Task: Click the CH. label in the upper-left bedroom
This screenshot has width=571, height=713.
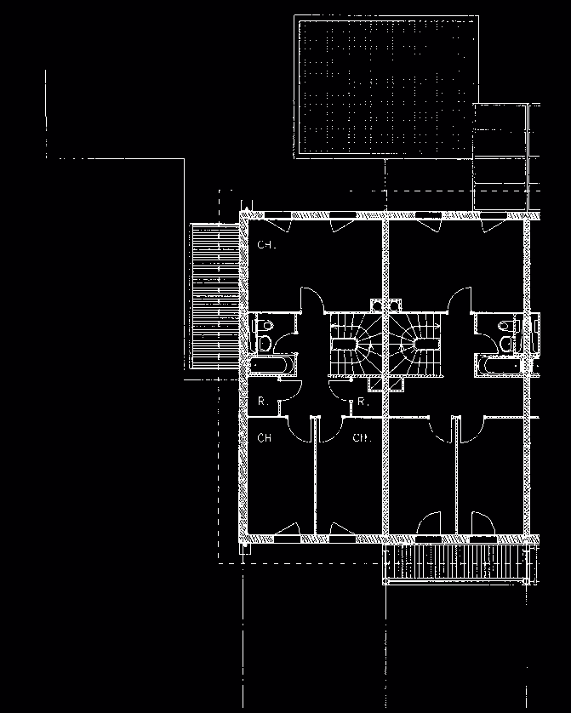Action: pyautogui.click(x=266, y=245)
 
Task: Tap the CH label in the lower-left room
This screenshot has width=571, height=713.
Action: pyautogui.click(x=265, y=438)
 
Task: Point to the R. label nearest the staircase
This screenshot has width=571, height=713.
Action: pyautogui.click(x=362, y=401)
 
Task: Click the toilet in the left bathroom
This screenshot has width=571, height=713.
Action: pyautogui.click(x=265, y=334)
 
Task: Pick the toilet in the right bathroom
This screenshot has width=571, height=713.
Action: pyautogui.click(x=511, y=334)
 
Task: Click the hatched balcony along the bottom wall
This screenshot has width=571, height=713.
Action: pyautogui.click(x=460, y=563)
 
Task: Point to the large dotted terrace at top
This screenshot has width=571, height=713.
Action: pyautogui.click(x=383, y=85)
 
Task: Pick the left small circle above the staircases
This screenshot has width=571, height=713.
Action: pyautogui.click(x=376, y=302)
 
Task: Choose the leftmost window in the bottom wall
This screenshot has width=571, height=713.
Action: pyautogui.click(x=286, y=539)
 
